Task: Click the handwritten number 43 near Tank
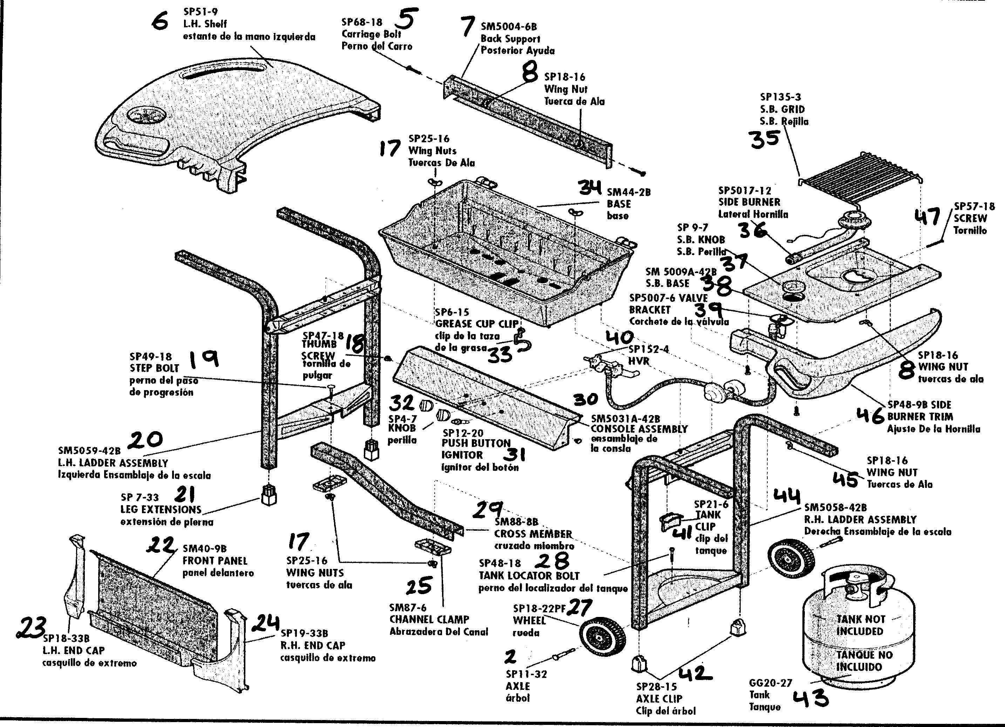click(x=810, y=699)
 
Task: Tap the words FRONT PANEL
click(x=215, y=561)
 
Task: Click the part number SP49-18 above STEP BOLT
click(x=150, y=356)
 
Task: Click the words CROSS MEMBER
click(x=533, y=534)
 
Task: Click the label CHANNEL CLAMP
click(x=429, y=619)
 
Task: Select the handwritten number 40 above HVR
click(x=620, y=338)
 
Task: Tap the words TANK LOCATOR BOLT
click(x=529, y=576)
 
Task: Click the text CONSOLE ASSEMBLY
click(x=639, y=429)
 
